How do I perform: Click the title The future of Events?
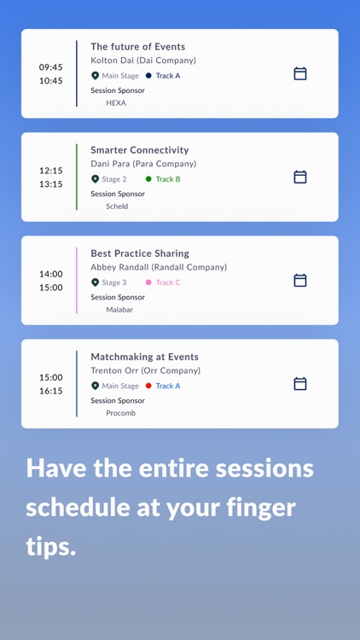point(137,47)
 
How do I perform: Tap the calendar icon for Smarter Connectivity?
point(300,177)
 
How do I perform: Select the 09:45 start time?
point(50,67)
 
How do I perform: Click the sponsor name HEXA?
point(116,102)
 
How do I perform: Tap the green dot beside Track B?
point(148,179)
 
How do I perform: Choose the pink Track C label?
point(168,282)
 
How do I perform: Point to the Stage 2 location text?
point(114,179)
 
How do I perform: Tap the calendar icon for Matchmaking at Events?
point(300,384)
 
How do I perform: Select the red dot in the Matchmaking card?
point(148,386)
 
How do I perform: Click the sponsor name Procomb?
point(120,413)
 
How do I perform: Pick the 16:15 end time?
point(50,391)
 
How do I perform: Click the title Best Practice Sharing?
point(140,253)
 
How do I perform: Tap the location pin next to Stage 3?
point(96,282)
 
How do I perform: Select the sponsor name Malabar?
point(119,310)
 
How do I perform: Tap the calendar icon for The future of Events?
point(300,73)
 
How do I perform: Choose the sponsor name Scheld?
point(117,207)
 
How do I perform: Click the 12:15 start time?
point(50,170)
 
